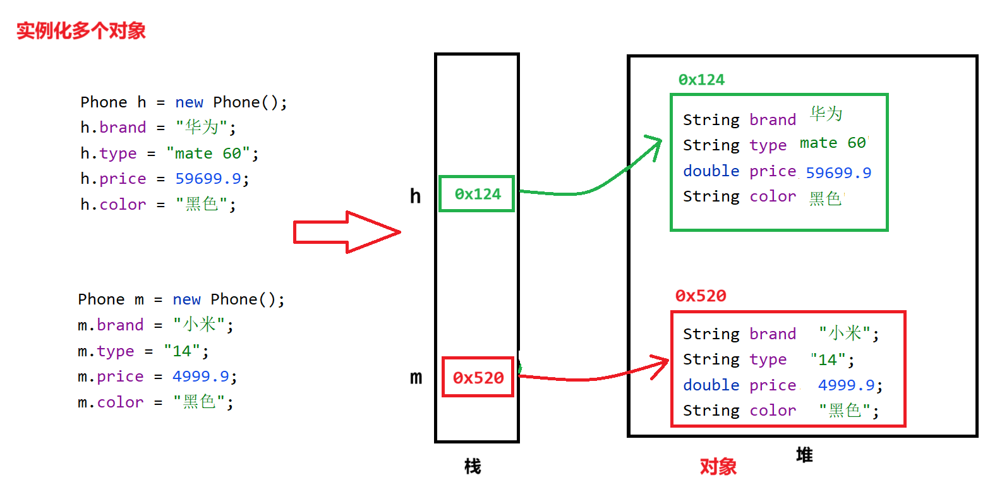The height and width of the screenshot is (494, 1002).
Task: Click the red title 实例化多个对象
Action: pyautogui.click(x=81, y=30)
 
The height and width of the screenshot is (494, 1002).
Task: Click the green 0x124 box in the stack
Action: pyautogui.click(x=477, y=194)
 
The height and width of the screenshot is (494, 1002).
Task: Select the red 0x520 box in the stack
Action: pyautogui.click(x=478, y=378)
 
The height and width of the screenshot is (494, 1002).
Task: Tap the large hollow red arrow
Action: pyautogui.click(x=346, y=232)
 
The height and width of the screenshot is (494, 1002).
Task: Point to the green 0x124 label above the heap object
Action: pyautogui.click(x=701, y=80)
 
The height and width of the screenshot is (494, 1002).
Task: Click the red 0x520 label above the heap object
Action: pyautogui.click(x=701, y=296)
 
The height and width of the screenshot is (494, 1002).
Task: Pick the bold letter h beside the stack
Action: pyautogui.click(x=415, y=196)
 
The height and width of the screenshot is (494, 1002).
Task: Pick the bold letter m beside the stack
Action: pyautogui.click(x=416, y=378)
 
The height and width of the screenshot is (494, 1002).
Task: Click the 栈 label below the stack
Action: pyautogui.click(x=473, y=467)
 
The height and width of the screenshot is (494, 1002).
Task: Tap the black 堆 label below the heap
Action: pyautogui.click(x=804, y=455)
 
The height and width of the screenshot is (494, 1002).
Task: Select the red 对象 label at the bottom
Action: pyautogui.click(x=718, y=467)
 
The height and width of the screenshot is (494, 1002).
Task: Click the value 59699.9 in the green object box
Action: pyautogui.click(x=838, y=172)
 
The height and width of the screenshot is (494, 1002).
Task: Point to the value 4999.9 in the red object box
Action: pyautogui.click(x=847, y=385)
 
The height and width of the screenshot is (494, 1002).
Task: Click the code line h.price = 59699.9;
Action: pyautogui.click(x=165, y=179)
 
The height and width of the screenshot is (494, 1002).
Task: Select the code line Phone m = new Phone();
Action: pyautogui.click(x=181, y=299)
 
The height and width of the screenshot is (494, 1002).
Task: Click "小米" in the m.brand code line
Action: pyautogui.click(x=199, y=325)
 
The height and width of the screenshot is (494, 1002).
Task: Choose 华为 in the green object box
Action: pyautogui.click(x=826, y=114)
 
